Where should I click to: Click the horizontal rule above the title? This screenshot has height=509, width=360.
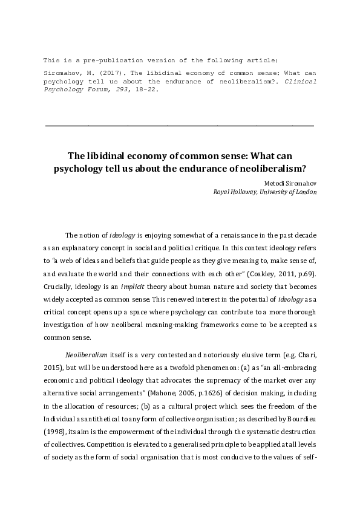tap(180, 125)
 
